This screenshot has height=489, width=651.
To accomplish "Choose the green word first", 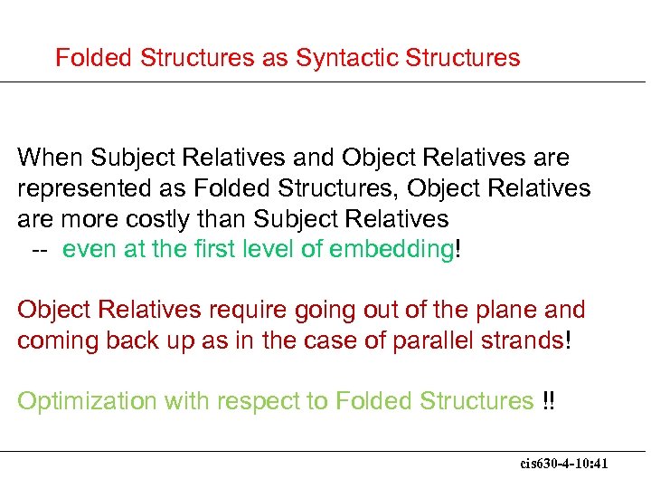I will point(218,250).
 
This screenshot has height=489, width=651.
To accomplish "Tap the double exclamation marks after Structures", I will point(549,401).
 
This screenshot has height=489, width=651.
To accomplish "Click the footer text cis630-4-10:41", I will point(564,464).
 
